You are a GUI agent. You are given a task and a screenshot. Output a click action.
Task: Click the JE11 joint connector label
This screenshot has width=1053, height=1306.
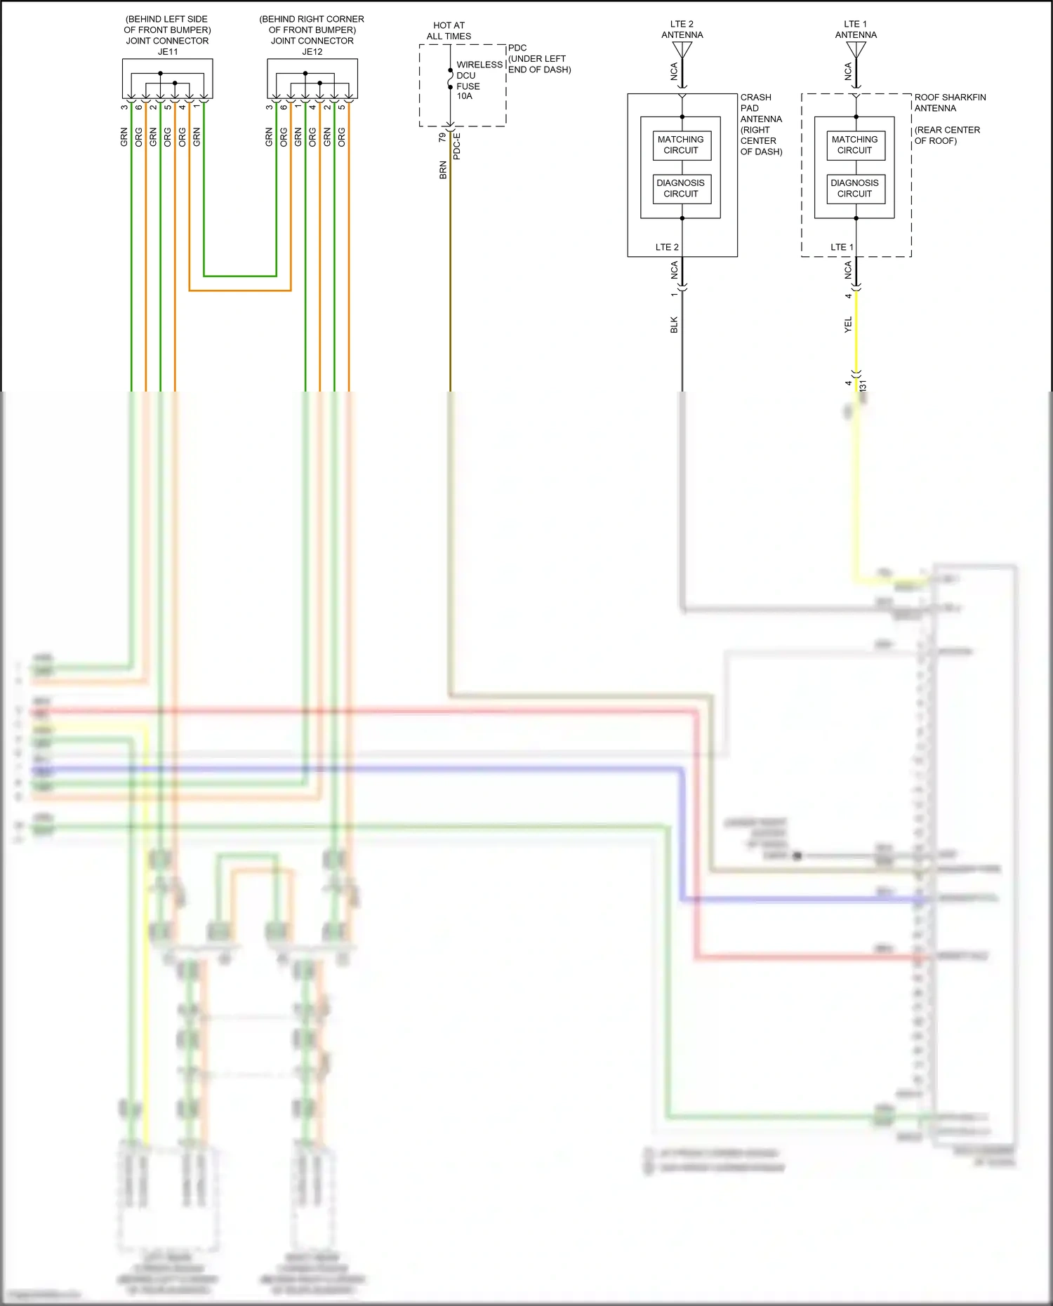click(167, 52)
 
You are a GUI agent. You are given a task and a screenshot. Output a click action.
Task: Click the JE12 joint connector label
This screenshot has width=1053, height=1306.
click(312, 52)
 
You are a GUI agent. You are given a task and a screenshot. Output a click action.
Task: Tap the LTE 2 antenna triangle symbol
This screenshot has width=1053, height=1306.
click(682, 50)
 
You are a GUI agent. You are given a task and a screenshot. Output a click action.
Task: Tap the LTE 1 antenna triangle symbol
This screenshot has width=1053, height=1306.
click(856, 50)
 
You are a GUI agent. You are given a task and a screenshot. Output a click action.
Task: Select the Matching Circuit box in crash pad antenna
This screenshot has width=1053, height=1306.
click(681, 145)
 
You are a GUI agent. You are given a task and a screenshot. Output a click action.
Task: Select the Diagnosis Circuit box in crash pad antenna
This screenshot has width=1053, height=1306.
click(681, 188)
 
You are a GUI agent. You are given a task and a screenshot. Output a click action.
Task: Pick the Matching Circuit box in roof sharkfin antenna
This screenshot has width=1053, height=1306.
click(854, 145)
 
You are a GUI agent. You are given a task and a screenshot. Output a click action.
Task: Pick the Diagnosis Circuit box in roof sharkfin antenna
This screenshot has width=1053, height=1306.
click(854, 188)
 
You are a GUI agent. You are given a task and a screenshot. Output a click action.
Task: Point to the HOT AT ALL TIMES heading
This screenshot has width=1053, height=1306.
click(449, 31)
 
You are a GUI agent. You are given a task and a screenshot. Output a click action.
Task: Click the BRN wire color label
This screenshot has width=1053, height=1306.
click(443, 170)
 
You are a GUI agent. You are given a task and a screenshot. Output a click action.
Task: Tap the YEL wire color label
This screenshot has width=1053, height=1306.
click(847, 324)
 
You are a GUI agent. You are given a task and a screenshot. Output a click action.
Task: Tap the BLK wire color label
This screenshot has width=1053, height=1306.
click(674, 324)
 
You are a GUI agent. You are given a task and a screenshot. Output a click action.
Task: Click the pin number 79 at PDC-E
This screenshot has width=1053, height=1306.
click(442, 138)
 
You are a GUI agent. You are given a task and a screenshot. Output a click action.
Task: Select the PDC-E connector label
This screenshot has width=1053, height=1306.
click(457, 147)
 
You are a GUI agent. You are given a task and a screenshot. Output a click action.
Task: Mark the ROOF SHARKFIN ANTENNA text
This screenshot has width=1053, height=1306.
click(949, 102)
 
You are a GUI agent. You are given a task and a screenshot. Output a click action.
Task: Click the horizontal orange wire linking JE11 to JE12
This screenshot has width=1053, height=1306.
click(239, 291)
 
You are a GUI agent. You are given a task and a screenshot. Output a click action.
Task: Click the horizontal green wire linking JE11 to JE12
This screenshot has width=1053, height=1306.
click(239, 276)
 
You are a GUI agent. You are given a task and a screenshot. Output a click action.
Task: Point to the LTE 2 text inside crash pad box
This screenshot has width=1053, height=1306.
click(666, 247)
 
